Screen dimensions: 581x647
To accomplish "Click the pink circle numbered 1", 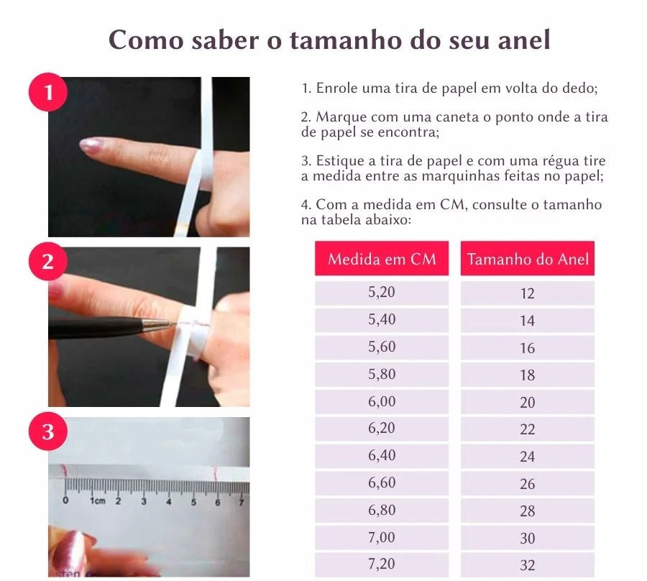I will coord(48,93).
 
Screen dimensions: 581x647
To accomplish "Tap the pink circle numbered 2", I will coord(48,262).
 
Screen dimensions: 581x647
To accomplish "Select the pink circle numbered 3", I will coord(48,432).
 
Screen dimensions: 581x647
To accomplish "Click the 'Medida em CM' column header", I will coord(382,259).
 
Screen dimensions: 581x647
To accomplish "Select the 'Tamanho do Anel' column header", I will coord(528,259).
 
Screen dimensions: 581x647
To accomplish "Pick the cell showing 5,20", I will coord(382,293).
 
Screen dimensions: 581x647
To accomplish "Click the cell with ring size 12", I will coord(528,293).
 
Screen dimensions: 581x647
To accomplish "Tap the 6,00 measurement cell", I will coord(382,402).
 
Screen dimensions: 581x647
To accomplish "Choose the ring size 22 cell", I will coord(528,429).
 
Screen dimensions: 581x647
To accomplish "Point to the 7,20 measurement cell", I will coord(382,564).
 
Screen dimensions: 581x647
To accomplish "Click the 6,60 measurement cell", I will coord(382,483).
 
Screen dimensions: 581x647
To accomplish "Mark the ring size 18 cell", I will coord(528,375).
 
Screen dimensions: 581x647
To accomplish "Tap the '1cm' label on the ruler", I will coord(97,500).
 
